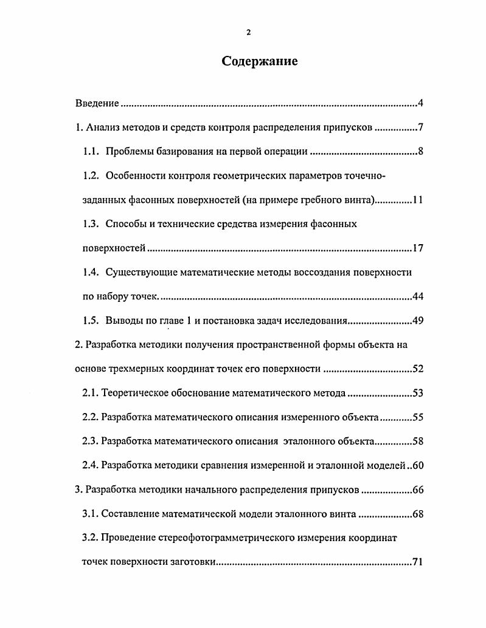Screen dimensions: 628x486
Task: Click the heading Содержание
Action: [260, 61]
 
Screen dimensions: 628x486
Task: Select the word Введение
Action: [97, 103]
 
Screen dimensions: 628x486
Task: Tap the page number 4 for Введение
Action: [420, 103]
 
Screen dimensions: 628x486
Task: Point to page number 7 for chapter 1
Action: [420, 128]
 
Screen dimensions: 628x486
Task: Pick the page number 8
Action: [420, 152]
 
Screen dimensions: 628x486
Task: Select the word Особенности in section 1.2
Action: [135, 176]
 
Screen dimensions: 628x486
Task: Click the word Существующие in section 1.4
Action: [141, 272]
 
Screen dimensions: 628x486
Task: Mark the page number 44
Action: [417, 296]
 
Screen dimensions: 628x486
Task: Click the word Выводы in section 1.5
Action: [123, 321]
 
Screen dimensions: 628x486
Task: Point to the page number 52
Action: [417, 369]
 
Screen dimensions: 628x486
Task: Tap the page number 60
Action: [417, 466]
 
